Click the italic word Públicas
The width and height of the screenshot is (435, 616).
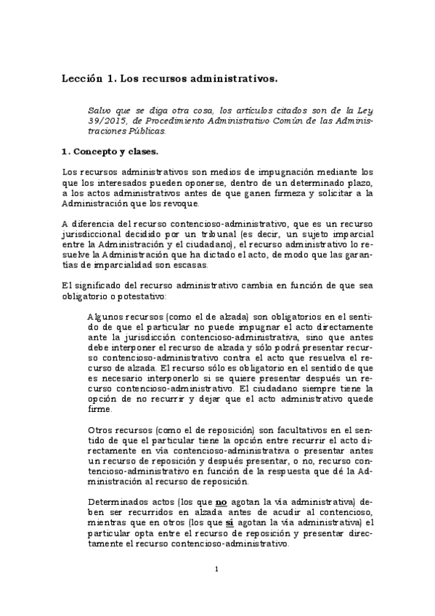146,131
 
